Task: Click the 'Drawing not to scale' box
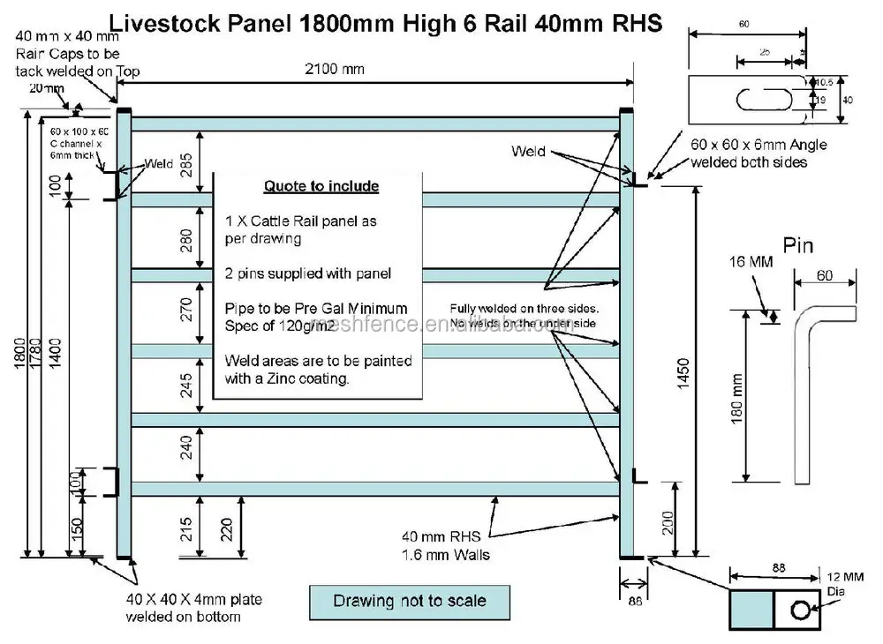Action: (x=409, y=602)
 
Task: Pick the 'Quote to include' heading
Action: (x=321, y=186)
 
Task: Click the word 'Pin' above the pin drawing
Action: (x=798, y=244)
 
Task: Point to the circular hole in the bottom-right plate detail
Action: (x=800, y=610)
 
